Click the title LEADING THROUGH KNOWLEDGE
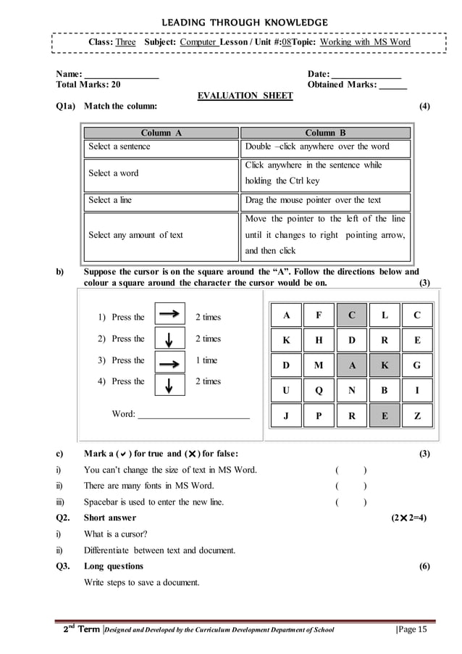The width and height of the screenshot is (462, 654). pyautogui.click(x=231, y=20)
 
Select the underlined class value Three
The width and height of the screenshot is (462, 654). pyautogui.click(x=126, y=42)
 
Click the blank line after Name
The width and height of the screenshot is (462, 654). pyautogui.click(x=122, y=76)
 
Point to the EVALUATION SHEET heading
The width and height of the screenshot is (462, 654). pyautogui.click(x=245, y=96)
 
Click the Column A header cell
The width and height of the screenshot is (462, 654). pyautogui.click(x=159, y=133)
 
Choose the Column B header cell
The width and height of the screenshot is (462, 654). pyautogui.click(x=325, y=133)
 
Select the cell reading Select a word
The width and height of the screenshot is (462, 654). pyautogui.click(x=159, y=174)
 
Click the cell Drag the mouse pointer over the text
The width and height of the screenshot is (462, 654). pyautogui.click(x=325, y=201)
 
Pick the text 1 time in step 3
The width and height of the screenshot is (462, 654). pyautogui.click(x=206, y=360)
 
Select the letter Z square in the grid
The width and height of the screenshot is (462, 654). pyautogui.click(x=416, y=416)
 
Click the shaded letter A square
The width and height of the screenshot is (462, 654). pyautogui.click(x=352, y=365)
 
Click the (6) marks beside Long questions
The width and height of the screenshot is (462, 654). pyautogui.click(x=424, y=566)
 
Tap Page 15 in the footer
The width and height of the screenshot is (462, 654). pyautogui.click(x=413, y=629)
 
